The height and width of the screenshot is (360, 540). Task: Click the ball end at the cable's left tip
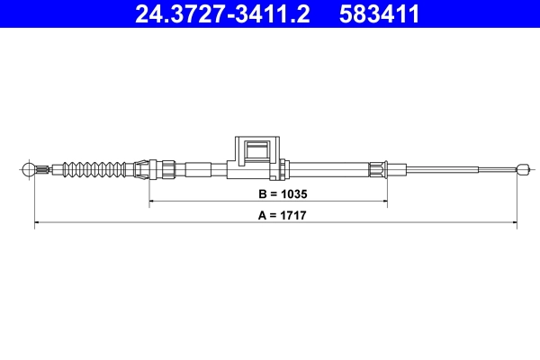tap(30, 167)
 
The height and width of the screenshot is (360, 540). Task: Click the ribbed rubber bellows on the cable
tap(99, 167)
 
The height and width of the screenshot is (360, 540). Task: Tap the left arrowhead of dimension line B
tap(152, 202)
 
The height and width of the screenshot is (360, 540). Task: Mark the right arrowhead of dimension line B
tap(385, 202)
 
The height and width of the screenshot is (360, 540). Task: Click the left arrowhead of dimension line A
tap(37, 222)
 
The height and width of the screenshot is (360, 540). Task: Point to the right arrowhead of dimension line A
tap(516, 222)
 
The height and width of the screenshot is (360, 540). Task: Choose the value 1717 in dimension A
tap(287, 216)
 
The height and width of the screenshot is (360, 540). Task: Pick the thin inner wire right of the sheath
tap(450, 167)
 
